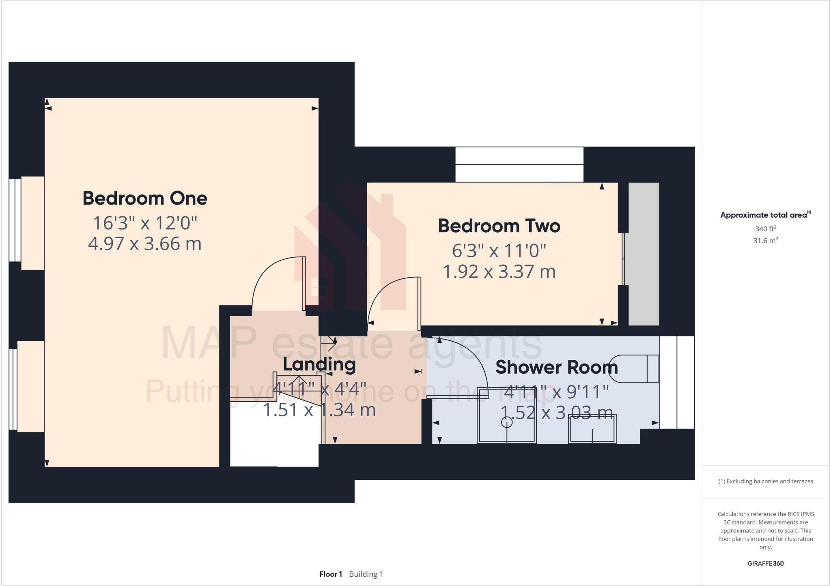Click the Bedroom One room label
(145, 199)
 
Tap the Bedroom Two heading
(499, 226)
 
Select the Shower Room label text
(556, 368)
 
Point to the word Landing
(319, 364)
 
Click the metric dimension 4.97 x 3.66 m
(145, 244)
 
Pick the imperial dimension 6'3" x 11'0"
(499, 251)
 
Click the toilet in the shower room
(635, 368)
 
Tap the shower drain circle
(507, 422)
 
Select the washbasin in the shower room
(592, 429)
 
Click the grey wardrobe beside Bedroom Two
(644, 254)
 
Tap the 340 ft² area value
(765, 229)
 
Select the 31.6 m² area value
(765, 241)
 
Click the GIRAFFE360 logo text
(765, 563)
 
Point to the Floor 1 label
(331, 574)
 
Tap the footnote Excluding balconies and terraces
(765, 481)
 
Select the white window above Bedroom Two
(519, 164)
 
